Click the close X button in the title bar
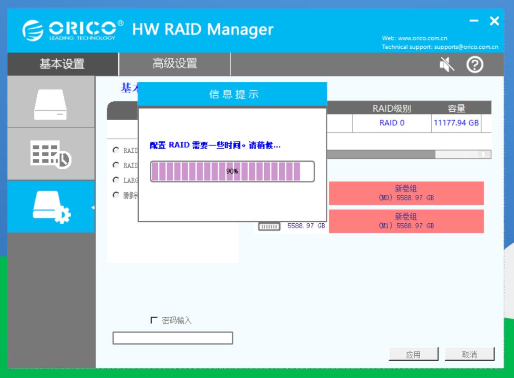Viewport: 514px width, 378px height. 494,21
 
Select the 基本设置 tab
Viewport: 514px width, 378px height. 62,64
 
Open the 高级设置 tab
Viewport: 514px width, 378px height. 174,64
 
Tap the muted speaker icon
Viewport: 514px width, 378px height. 447,65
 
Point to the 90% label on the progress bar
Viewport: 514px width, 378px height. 232,171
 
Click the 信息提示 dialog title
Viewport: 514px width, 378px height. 233,95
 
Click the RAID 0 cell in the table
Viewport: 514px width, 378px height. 391,123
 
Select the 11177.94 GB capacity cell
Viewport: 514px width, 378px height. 456,123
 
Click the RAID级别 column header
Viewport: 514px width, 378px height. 391,108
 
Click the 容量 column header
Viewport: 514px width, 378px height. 456,108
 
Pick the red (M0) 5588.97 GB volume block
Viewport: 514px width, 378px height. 406,193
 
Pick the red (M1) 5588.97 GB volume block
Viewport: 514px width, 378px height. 406,221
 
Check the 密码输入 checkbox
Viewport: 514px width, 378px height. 154,321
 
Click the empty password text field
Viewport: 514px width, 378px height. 172,338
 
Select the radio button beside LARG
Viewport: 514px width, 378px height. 116,180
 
